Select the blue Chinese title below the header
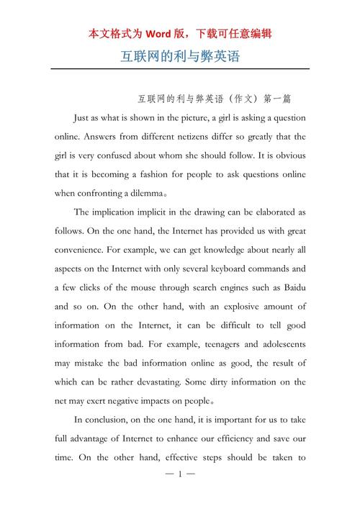click(x=180, y=56)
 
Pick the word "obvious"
click(x=287, y=155)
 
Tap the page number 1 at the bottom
click(x=180, y=475)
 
